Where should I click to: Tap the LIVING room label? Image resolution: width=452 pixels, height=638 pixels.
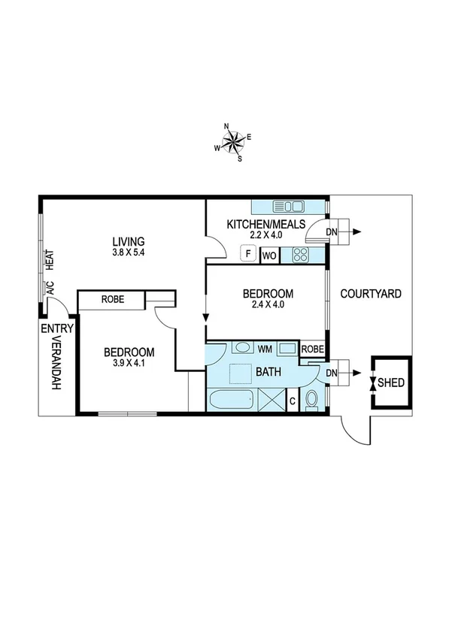pyautogui.click(x=128, y=241)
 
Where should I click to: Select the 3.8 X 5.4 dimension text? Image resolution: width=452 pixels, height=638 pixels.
pyautogui.click(x=128, y=253)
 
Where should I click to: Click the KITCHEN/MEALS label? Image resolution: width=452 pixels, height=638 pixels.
pyautogui.click(x=266, y=224)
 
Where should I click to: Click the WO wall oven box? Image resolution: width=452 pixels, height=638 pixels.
pyautogui.click(x=269, y=256)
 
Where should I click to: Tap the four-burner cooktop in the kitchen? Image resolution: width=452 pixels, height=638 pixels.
pyautogui.click(x=301, y=254)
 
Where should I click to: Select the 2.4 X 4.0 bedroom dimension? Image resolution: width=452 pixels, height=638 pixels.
pyautogui.click(x=268, y=305)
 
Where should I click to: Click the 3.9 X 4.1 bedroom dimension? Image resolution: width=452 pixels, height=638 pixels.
pyautogui.click(x=129, y=364)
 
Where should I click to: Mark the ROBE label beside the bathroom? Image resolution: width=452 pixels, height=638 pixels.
pyautogui.click(x=312, y=349)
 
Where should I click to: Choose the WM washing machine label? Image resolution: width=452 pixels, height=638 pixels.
pyautogui.click(x=265, y=349)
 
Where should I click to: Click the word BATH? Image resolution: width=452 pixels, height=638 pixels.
pyautogui.click(x=268, y=372)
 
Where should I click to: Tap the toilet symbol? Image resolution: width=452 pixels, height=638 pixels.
pyautogui.click(x=312, y=399)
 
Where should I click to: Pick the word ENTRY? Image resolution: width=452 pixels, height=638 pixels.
pyautogui.click(x=57, y=328)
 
